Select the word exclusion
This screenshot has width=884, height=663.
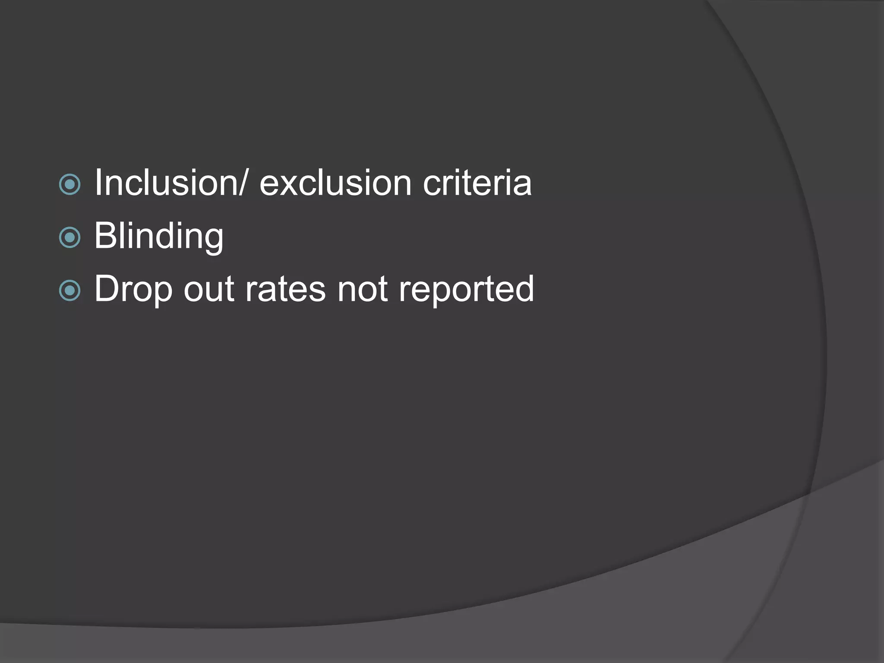335,183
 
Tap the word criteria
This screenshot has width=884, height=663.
477,183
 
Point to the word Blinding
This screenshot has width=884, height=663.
159,236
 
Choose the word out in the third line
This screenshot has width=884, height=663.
209,289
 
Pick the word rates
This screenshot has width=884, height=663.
285,289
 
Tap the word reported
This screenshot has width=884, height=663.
466,289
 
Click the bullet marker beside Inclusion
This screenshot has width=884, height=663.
70,185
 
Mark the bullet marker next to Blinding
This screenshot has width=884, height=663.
70,237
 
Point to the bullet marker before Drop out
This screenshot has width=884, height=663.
70,290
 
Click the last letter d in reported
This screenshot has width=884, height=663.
524,288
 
